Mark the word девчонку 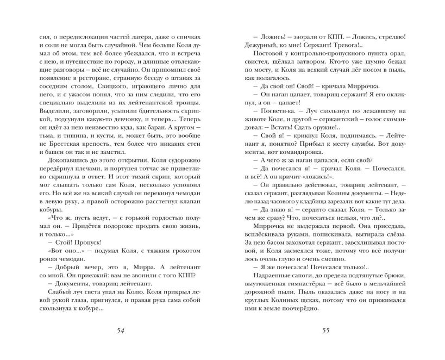click(x=128, y=108)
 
